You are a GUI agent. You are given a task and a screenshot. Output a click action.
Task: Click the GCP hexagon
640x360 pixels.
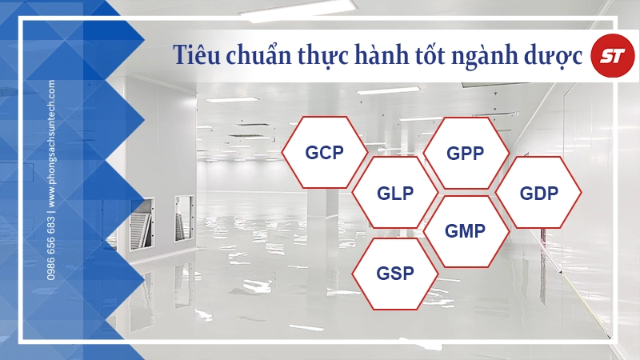324,152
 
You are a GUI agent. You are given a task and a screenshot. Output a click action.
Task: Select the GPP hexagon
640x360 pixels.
466,153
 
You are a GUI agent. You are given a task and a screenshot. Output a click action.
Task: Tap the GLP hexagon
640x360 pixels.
395,193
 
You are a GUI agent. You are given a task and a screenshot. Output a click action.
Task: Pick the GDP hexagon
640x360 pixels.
538,193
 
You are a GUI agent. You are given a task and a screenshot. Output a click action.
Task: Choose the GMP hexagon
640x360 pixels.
466,232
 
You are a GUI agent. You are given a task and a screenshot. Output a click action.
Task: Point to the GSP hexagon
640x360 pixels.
395,273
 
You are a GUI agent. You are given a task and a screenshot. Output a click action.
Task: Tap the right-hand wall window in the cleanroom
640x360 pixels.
183,216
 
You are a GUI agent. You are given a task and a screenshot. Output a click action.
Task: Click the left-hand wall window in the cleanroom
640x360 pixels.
141,219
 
